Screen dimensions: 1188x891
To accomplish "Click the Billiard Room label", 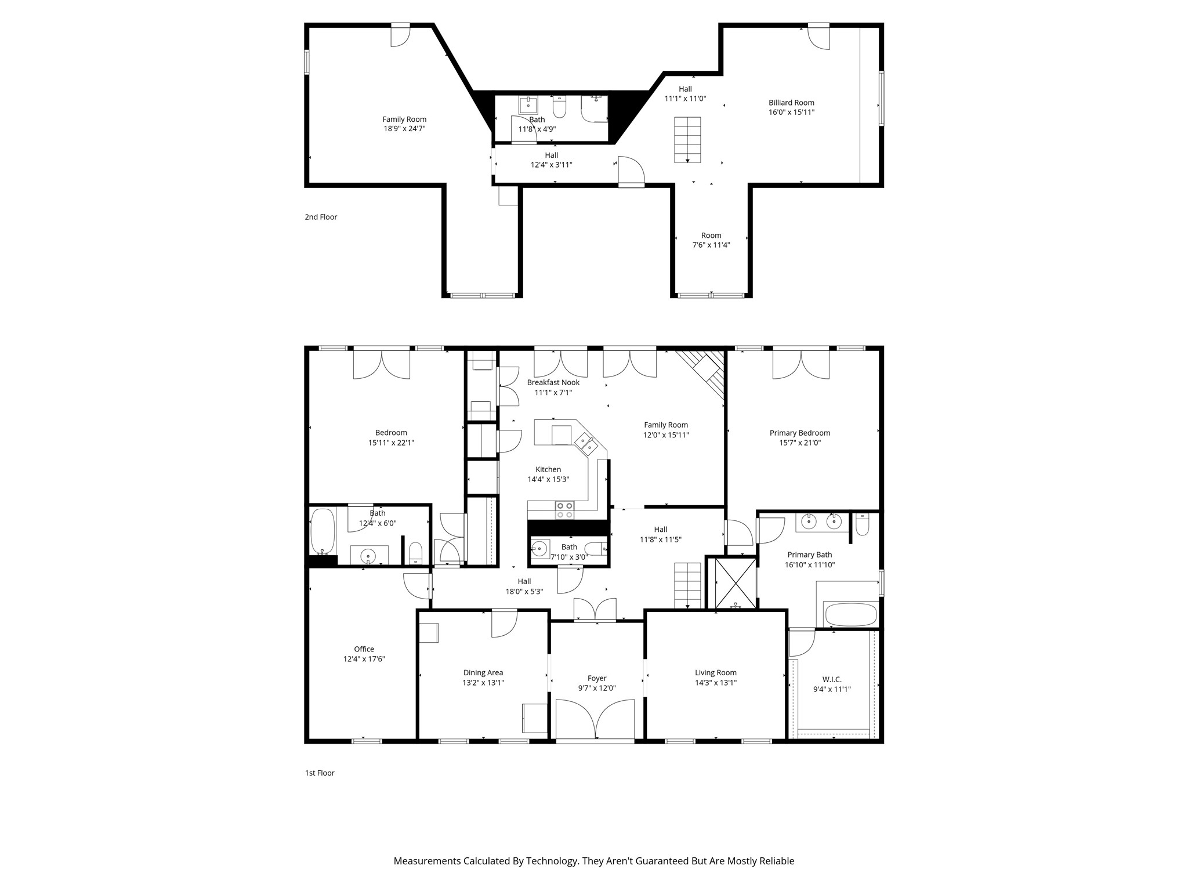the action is [x=791, y=103].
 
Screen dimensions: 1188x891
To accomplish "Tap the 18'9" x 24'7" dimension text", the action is [x=404, y=129].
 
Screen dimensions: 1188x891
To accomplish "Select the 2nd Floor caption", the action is [x=321, y=217].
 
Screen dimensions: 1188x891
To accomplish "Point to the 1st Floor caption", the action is [x=320, y=773].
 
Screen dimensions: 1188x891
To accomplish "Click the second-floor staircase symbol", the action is [x=687, y=140].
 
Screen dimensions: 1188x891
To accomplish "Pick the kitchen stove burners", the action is [x=565, y=510].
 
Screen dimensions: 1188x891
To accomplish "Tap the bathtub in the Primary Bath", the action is [x=850, y=615].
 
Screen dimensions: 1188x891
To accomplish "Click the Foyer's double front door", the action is [x=595, y=719].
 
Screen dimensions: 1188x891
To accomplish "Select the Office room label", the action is [x=364, y=649].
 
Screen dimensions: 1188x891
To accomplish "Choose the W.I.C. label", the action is [x=832, y=679].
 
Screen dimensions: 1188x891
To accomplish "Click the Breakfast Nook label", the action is [x=553, y=382].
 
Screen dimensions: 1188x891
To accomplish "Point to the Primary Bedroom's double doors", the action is [x=801, y=364].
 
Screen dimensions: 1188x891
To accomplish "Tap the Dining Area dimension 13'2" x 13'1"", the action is [x=483, y=683].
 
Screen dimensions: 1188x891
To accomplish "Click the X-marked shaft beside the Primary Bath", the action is [x=736, y=583].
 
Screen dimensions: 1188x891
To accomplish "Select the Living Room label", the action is [x=716, y=673].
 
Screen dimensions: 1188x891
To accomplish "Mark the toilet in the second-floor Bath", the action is [x=559, y=107].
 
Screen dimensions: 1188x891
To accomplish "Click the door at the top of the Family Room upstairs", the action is [x=400, y=35].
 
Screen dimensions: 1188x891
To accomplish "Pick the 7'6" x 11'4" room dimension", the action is [x=711, y=245].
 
